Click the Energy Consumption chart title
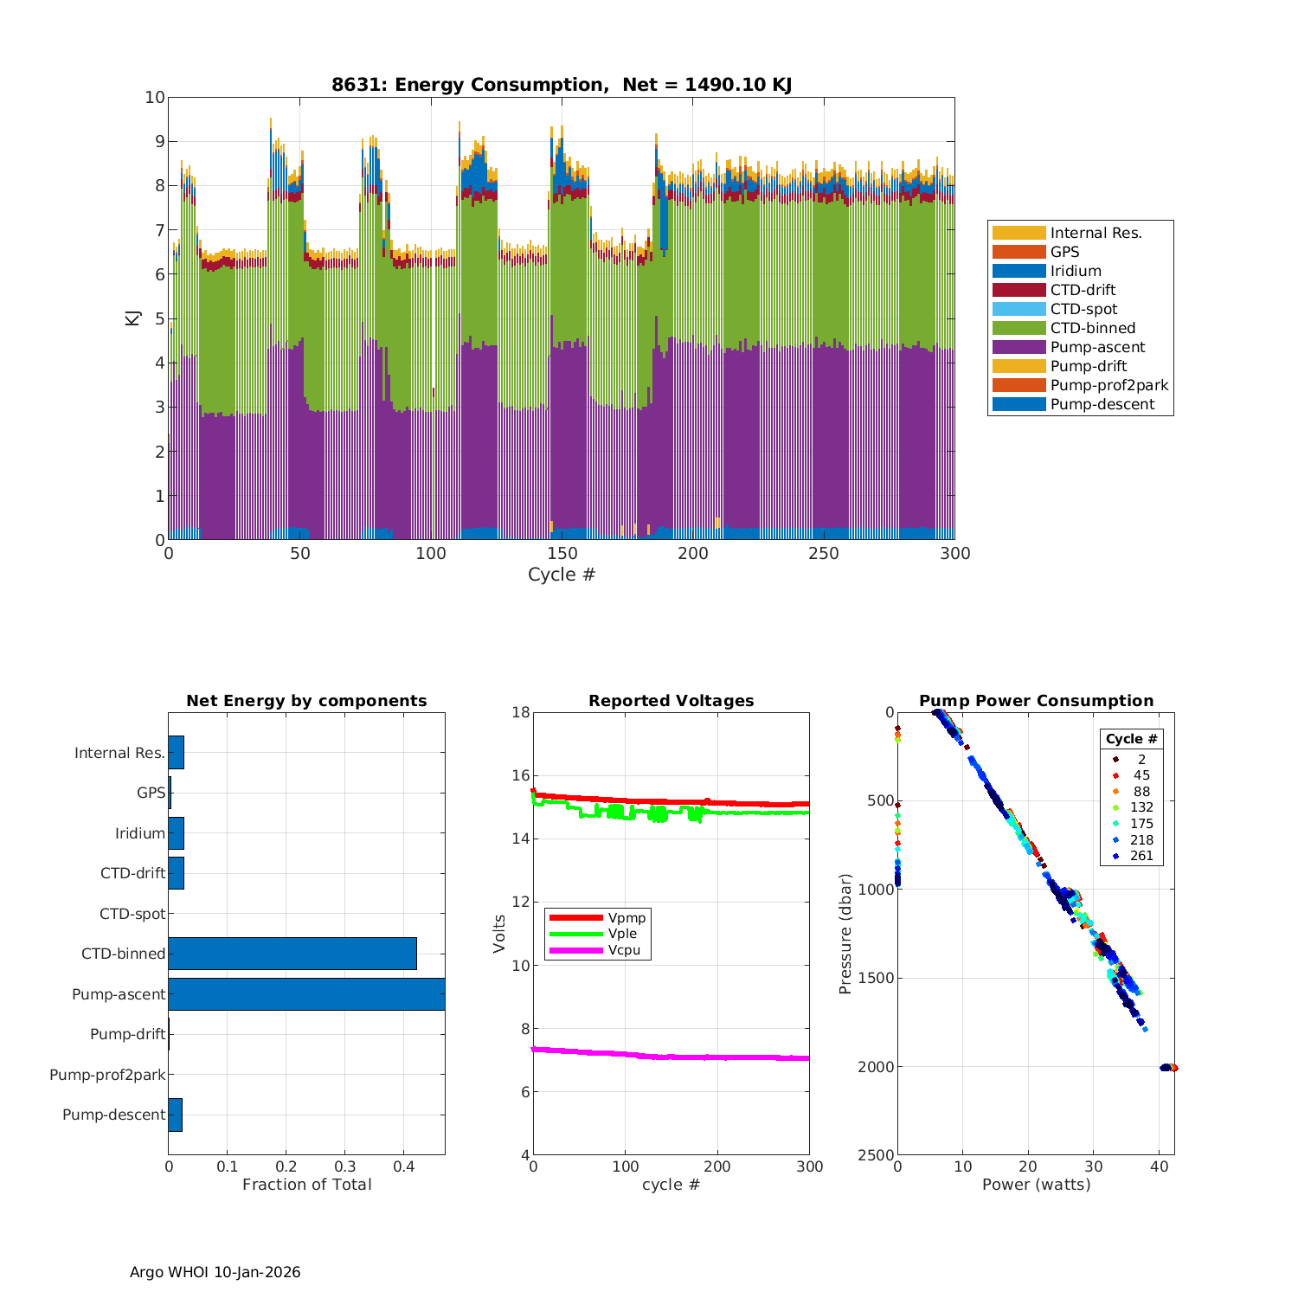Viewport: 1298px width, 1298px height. tap(562, 85)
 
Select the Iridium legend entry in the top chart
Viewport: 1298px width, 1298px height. tap(1076, 271)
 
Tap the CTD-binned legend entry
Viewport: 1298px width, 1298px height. tap(1092, 328)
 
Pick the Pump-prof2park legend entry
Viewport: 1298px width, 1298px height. tap(1108, 385)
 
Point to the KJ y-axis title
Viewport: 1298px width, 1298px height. tap(132, 318)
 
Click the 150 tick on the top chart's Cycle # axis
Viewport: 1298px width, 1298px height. tap(562, 554)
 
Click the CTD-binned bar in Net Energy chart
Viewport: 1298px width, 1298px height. tap(292, 954)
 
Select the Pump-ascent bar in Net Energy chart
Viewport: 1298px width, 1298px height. tap(306, 994)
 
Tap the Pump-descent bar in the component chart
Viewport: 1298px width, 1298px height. tap(176, 1115)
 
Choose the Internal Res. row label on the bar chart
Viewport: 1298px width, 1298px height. tap(119, 753)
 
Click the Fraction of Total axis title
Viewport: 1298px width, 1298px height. tap(306, 1185)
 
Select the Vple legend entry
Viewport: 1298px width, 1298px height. tap(622, 934)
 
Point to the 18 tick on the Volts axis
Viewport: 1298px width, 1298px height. tap(521, 712)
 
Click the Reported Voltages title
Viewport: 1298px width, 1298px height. tap(671, 701)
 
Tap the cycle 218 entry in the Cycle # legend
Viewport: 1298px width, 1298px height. tap(1141, 839)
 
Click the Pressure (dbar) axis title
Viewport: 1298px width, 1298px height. tap(845, 933)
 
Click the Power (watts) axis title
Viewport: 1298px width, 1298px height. tap(1036, 1185)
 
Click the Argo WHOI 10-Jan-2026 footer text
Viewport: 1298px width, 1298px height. tap(215, 1272)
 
